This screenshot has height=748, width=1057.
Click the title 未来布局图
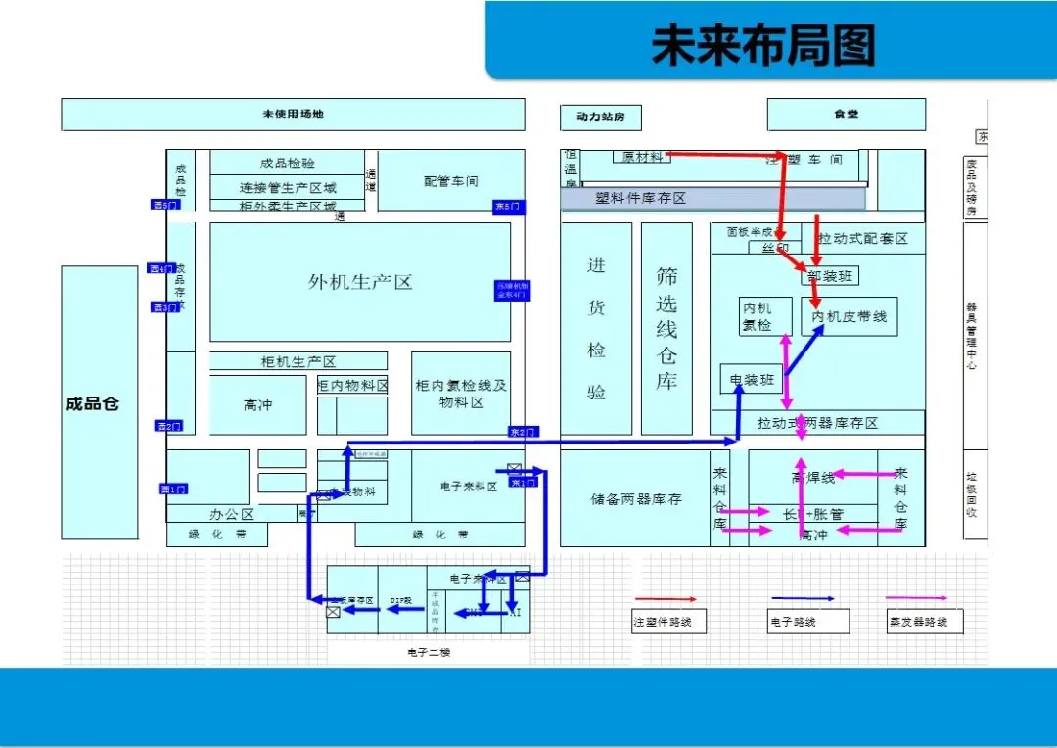click(763, 45)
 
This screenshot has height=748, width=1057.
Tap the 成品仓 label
click(92, 403)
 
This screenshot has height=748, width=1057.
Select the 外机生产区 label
click(360, 282)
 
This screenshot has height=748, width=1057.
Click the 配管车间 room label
click(450, 181)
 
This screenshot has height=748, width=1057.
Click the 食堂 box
click(846, 115)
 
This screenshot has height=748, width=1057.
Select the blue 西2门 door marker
click(168, 426)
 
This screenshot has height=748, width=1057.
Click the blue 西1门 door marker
click(173, 489)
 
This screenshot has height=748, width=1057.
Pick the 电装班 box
click(751, 378)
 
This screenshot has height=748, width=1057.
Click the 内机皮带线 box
click(849, 316)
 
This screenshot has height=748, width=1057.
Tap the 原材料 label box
click(642, 157)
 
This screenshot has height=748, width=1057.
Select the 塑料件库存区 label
click(641, 199)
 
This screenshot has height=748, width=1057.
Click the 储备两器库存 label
click(636, 499)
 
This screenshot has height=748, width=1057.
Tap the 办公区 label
click(232, 514)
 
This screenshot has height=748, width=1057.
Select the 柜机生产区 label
click(299, 361)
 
